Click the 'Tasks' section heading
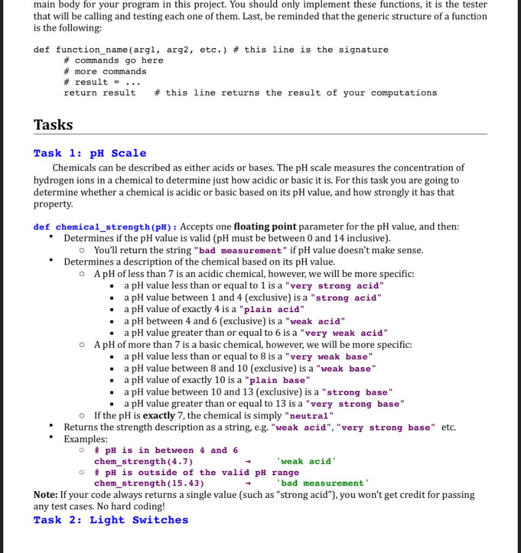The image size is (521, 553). pyautogui.click(x=53, y=125)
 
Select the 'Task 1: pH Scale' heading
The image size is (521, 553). pyautogui.click(x=90, y=153)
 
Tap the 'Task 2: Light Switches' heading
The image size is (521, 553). pyautogui.click(x=111, y=520)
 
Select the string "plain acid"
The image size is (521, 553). pyautogui.click(x=271, y=309)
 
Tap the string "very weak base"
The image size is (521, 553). pyautogui.click(x=328, y=357)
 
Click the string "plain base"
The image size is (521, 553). pyautogui.click(x=277, y=381)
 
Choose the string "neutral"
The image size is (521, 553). pyautogui.click(x=309, y=416)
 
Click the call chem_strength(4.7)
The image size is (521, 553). pyautogui.click(x=144, y=461)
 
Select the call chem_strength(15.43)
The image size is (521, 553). pyautogui.click(x=149, y=483)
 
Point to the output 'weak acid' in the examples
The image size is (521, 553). pyautogui.click(x=306, y=461)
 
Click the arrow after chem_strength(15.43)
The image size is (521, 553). pyautogui.click(x=248, y=483)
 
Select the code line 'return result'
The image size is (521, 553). pyautogui.click(x=100, y=93)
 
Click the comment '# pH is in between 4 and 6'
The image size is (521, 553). pyautogui.click(x=166, y=450)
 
